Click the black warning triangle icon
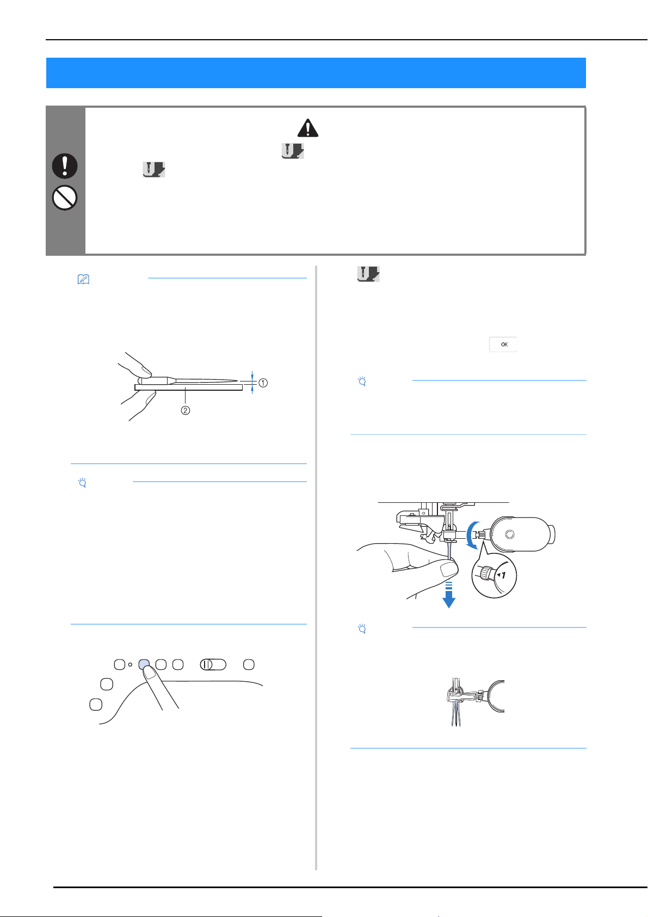point(308,128)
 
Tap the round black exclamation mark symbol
point(65,166)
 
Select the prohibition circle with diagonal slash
point(65,198)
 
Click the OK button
point(503,344)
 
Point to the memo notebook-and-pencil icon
point(83,279)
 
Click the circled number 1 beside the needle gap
point(263,383)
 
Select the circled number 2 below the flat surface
point(186,410)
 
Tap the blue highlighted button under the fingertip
point(144,664)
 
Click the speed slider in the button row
point(213,664)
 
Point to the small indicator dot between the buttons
point(130,664)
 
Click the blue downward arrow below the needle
point(449,594)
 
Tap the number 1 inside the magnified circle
point(503,575)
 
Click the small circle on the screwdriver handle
point(510,534)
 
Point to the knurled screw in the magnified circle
point(487,573)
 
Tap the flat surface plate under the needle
point(188,387)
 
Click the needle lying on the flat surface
point(188,380)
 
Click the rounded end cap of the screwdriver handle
point(551,534)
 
